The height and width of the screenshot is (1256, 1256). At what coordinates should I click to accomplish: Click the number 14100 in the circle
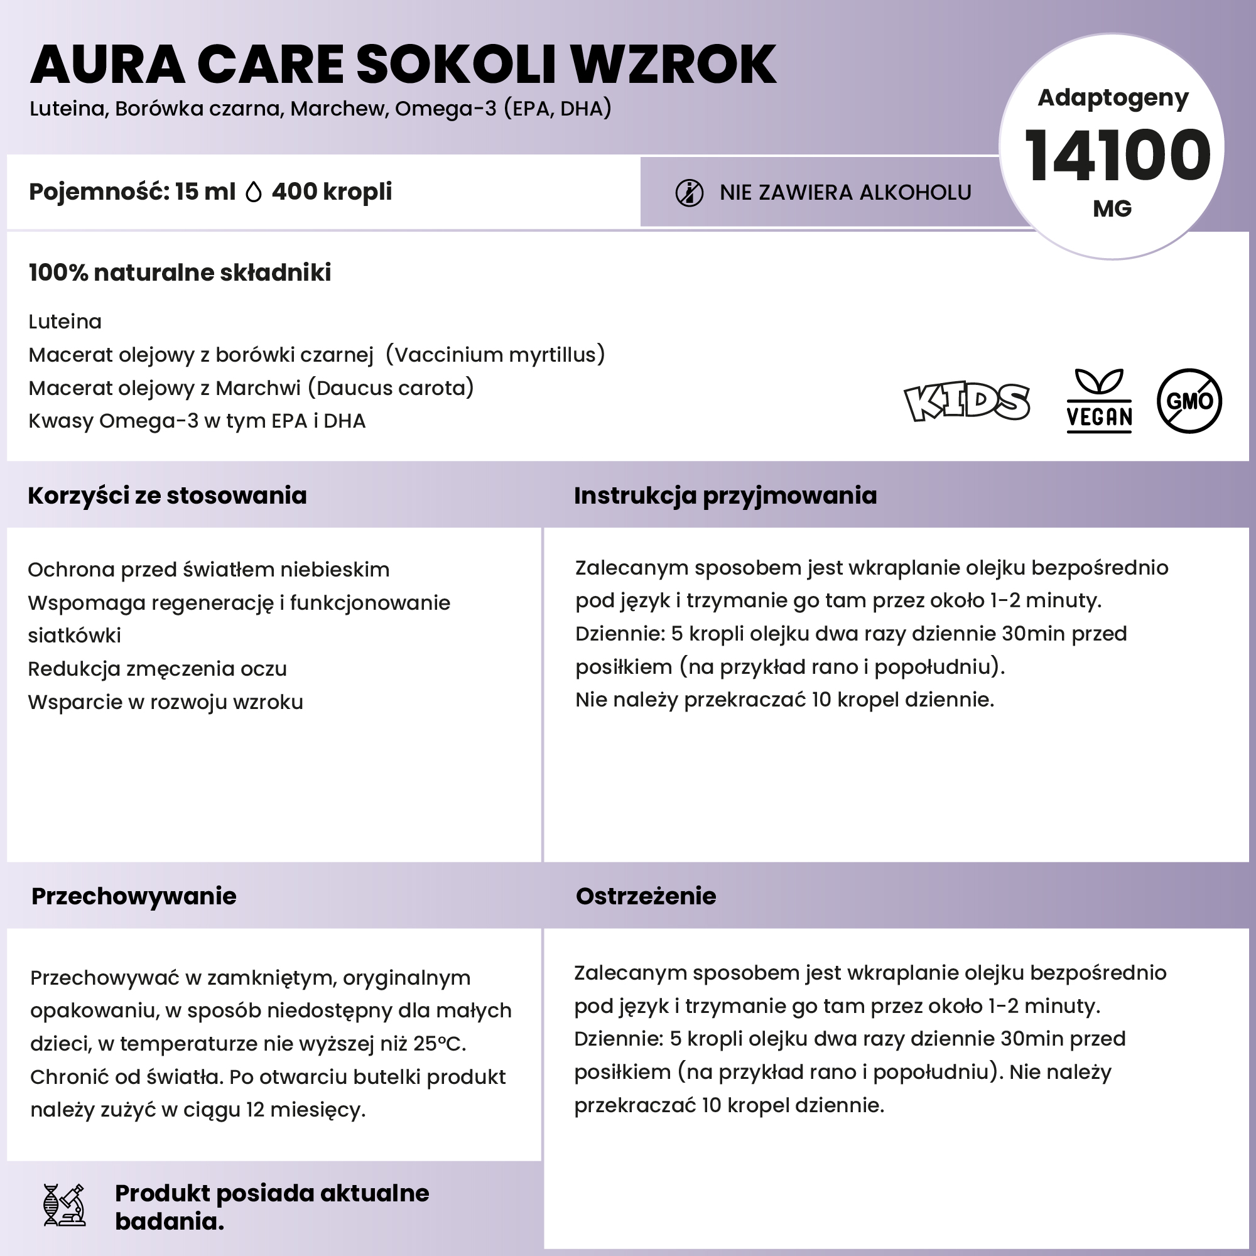coord(1116,156)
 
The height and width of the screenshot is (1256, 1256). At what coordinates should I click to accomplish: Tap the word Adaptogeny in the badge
coord(1112,97)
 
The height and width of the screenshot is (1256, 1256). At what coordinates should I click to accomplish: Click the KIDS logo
coord(966,402)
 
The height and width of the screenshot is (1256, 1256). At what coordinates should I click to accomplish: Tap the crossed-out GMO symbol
coord(1189,401)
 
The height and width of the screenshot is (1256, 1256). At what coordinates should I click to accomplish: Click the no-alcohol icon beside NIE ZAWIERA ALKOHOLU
coord(689,193)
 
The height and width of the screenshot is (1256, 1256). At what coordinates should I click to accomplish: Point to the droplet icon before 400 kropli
coord(254,192)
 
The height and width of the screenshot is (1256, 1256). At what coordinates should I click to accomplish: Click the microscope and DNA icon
coord(64,1205)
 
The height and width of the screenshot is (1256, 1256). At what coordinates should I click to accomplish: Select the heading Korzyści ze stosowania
coord(167,496)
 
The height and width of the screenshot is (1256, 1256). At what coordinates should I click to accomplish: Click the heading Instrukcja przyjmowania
coord(725,496)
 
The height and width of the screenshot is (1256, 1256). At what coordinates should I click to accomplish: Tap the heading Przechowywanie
coord(134,897)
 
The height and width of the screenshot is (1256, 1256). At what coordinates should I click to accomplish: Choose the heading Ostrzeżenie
coord(646,897)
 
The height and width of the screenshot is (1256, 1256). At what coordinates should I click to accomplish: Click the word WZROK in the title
coord(673,65)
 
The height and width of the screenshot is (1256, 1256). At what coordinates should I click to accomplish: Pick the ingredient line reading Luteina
coord(65,322)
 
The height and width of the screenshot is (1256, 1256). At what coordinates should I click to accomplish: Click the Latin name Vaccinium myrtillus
coord(495,355)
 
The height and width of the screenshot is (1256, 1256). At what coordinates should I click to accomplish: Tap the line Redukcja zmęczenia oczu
coord(158,669)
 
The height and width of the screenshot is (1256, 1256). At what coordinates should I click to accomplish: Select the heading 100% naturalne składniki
coord(180,273)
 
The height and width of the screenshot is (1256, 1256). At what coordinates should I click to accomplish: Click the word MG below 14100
coord(1112,209)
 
